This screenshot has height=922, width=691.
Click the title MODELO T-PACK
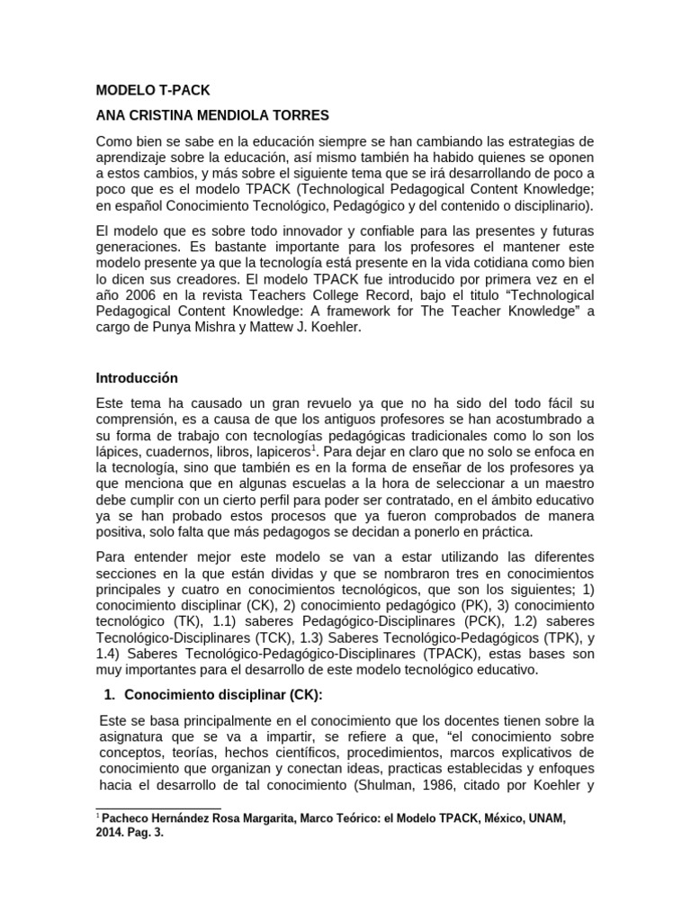pos(152,91)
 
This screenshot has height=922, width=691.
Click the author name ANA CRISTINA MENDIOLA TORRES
pos(213,116)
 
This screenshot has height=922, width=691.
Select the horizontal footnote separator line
pos(158,808)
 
